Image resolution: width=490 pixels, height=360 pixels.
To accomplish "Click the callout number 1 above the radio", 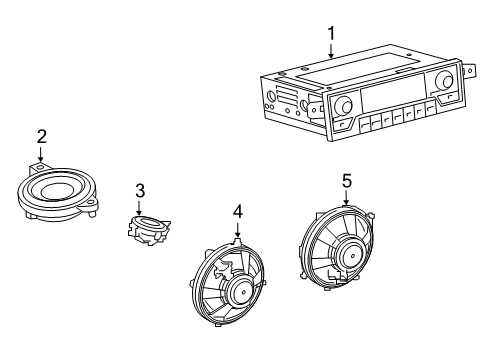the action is [x=331, y=34].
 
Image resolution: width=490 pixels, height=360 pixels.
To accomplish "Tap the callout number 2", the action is [x=42, y=137].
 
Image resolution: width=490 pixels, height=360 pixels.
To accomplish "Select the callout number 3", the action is [x=140, y=191].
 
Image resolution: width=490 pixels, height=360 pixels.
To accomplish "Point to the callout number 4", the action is [x=238, y=212].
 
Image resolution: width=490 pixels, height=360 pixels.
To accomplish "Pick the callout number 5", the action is [x=347, y=181].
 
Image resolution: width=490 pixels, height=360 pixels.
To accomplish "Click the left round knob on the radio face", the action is [x=344, y=105].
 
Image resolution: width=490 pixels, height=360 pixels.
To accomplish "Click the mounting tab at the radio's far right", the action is [x=468, y=70].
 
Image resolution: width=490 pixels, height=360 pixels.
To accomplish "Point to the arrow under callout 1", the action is [x=331, y=51].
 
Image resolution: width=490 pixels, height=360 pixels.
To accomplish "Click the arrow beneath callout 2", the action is [x=41, y=154].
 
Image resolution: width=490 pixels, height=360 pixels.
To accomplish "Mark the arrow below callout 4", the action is [x=237, y=230].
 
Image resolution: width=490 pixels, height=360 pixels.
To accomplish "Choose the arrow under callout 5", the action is [x=346, y=197].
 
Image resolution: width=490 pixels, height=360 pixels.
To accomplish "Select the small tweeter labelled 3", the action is [x=148, y=230].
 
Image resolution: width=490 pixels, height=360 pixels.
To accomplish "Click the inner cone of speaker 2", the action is [x=55, y=190].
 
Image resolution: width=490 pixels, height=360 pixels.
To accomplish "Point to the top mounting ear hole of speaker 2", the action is [x=40, y=167].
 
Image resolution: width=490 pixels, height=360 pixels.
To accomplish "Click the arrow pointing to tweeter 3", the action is [x=139, y=208].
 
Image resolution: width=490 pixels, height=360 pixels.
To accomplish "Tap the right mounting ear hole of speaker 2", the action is [x=90, y=202].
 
